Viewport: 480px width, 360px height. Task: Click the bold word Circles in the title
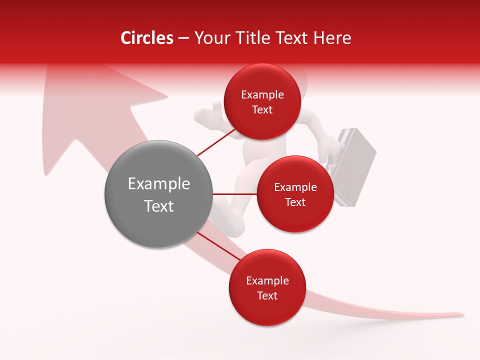pyautogui.click(x=146, y=38)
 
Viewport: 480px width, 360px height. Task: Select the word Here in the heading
pyautogui.click(x=333, y=38)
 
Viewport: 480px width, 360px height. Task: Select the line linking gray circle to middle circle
pyautogui.click(x=234, y=193)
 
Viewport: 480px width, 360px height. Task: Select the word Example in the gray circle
pyautogui.click(x=158, y=184)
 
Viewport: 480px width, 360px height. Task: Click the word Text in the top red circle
pyautogui.click(x=262, y=109)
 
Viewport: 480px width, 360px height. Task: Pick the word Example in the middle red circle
pyautogui.click(x=295, y=187)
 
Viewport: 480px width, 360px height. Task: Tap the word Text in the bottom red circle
pyautogui.click(x=267, y=295)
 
